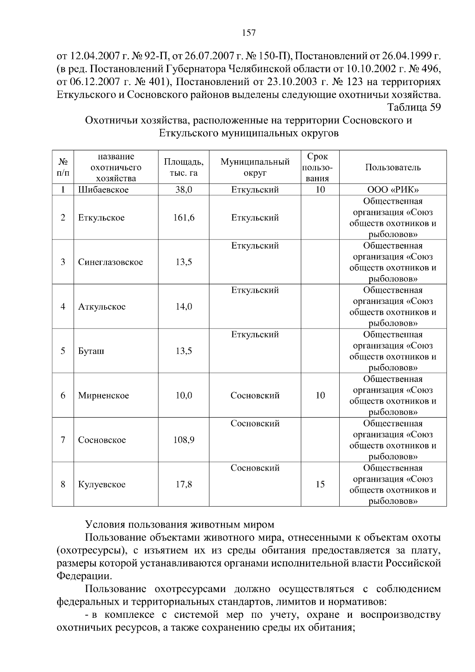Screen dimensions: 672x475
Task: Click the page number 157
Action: pos(249,33)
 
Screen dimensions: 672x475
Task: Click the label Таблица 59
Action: pos(414,108)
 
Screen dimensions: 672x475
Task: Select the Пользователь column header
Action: pos(393,167)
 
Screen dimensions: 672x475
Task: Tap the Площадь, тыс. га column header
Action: pos(184,167)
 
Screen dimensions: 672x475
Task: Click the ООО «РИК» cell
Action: pos(393,190)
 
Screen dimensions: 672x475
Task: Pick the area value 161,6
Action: pos(184,218)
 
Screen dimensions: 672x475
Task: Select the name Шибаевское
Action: pos(103,190)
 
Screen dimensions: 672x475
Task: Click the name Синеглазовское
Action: pos(110,262)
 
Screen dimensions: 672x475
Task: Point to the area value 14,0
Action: pos(184,307)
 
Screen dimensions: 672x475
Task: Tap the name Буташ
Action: pos(91,351)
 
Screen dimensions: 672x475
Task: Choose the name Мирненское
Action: pos(103,395)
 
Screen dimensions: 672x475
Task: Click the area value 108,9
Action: pos(184,440)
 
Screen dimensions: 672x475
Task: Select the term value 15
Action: pos(320,484)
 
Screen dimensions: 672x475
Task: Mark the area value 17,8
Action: pos(184,484)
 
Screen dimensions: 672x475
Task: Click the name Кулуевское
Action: pos(102,484)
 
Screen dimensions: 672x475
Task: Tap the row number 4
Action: pos(63,307)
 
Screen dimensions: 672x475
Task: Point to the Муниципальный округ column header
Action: pos(255,167)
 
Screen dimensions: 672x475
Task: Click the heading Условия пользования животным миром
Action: pos(180,525)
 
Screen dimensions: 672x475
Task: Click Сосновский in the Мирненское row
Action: pos(255,395)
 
